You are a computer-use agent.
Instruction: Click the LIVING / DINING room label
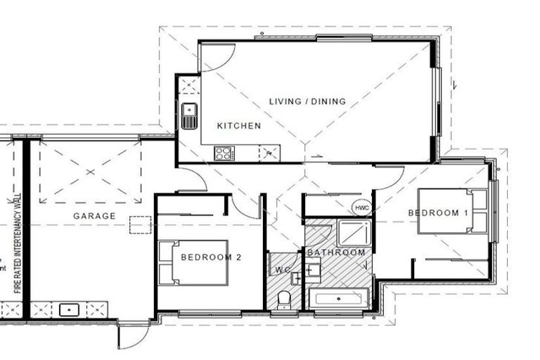[307, 101]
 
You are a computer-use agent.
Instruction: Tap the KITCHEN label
[238, 126]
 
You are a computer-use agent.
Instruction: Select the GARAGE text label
[94, 216]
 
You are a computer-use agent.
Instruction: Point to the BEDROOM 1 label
[437, 212]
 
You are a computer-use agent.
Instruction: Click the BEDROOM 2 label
[211, 257]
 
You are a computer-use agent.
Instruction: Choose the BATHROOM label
[336, 252]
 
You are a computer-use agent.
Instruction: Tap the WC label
[283, 269]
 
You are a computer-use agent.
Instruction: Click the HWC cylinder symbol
[361, 209]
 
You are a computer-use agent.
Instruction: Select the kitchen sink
[188, 115]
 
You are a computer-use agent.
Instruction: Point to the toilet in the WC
[283, 299]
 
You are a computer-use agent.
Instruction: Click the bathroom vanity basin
[314, 269]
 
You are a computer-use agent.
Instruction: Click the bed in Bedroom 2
[193, 263]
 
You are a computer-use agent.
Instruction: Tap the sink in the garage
[70, 308]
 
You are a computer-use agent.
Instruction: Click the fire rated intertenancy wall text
[18, 243]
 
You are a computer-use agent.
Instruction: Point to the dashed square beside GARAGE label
[141, 224]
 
